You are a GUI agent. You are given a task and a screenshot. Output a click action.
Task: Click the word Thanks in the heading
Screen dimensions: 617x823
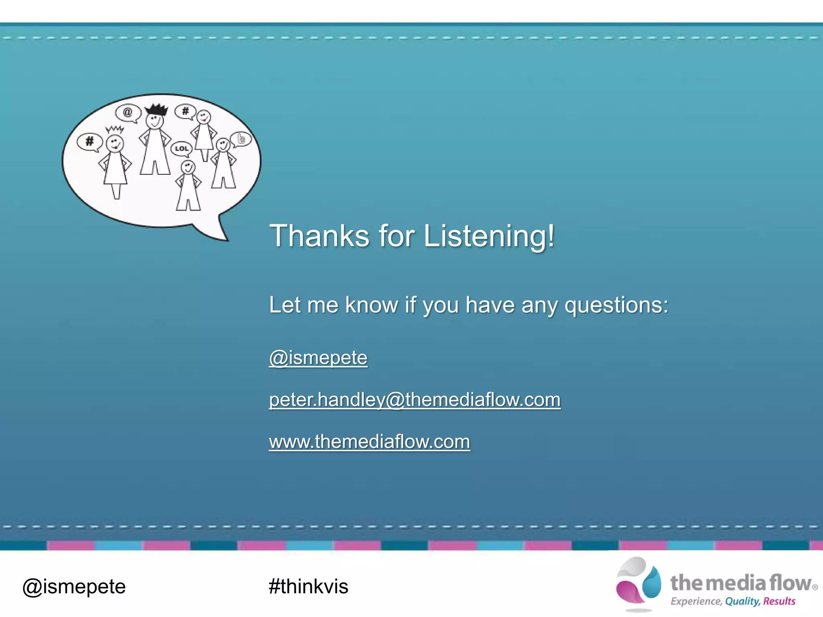click(x=319, y=236)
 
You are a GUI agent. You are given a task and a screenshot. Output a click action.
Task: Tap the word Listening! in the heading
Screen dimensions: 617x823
click(x=489, y=236)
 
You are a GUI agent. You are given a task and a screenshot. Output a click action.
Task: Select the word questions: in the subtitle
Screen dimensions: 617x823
click(x=616, y=305)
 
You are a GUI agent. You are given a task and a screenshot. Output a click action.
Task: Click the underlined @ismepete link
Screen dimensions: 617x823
click(x=318, y=358)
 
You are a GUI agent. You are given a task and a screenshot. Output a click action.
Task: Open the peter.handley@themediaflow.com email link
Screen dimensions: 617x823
click(x=414, y=400)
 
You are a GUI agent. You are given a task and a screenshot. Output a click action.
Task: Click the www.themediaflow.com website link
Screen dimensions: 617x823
click(x=369, y=442)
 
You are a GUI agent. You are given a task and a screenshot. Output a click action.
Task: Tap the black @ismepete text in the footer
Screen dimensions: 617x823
click(x=74, y=586)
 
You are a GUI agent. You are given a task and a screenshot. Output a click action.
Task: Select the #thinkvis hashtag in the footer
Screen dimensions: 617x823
click(x=308, y=586)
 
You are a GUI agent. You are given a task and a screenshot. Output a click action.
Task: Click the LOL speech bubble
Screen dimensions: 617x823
click(x=181, y=149)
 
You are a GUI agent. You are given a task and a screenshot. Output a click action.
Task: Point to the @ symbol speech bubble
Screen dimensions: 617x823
click(x=128, y=112)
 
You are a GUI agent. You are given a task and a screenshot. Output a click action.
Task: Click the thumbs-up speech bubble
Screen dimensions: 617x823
click(x=241, y=139)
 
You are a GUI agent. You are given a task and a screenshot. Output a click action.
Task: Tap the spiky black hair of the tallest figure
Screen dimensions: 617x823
click(x=156, y=109)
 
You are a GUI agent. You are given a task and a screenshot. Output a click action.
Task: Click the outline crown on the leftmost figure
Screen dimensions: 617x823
click(x=115, y=129)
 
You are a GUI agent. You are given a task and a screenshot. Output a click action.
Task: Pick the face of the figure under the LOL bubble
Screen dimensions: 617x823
click(x=188, y=167)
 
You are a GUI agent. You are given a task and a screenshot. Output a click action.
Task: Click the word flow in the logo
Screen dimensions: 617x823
click(x=790, y=583)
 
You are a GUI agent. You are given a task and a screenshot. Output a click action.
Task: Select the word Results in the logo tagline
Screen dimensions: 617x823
click(x=779, y=601)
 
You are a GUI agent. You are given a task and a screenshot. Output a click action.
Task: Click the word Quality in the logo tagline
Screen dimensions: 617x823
click(x=742, y=601)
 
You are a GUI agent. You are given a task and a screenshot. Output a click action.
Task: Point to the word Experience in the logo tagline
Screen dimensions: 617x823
click(x=696, y=601)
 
